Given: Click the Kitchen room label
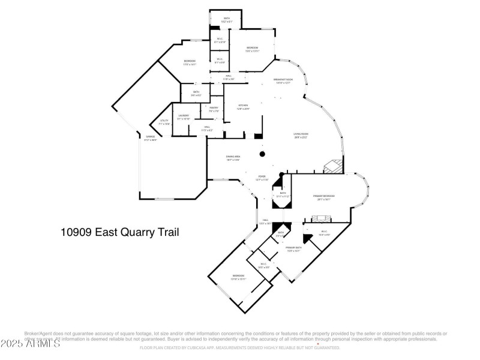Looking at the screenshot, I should pyautogui.click(x=242, y=106).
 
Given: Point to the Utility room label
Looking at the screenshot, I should pyautogui.click(x=164, y=122).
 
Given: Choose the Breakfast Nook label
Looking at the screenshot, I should pyautogui.click(x=283, y=81).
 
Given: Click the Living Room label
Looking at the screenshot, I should pyautogui.click(x=301, y=136).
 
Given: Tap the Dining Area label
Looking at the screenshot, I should pyautogui.click(x=233, y=158).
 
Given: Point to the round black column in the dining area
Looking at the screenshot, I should pyautogui.click(x=262, y=154).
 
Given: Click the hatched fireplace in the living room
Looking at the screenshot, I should pyautogui.click(x=332, y=166).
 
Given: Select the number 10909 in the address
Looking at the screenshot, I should pyautogui.click(x=76, y=232).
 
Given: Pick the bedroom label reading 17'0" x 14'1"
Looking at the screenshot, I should pyautogui.click(x=190, y=62).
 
